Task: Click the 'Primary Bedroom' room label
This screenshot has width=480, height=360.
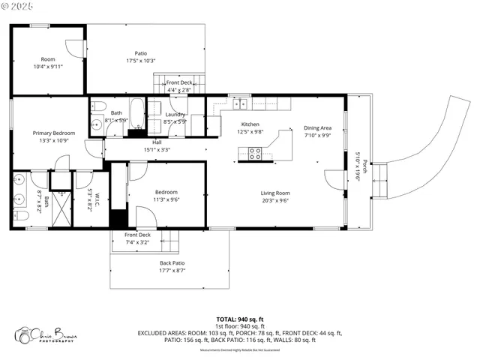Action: [53, 133]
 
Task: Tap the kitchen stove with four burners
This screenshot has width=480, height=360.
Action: [254, 153]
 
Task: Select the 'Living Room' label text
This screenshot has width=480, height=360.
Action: [275, 193]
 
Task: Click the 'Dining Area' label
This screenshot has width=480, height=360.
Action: [318, 128]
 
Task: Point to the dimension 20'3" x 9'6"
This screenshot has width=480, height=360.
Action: [275, 200]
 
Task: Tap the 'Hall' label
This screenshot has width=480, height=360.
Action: [157, 142]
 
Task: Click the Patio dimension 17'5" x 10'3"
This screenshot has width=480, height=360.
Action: [140, 61]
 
